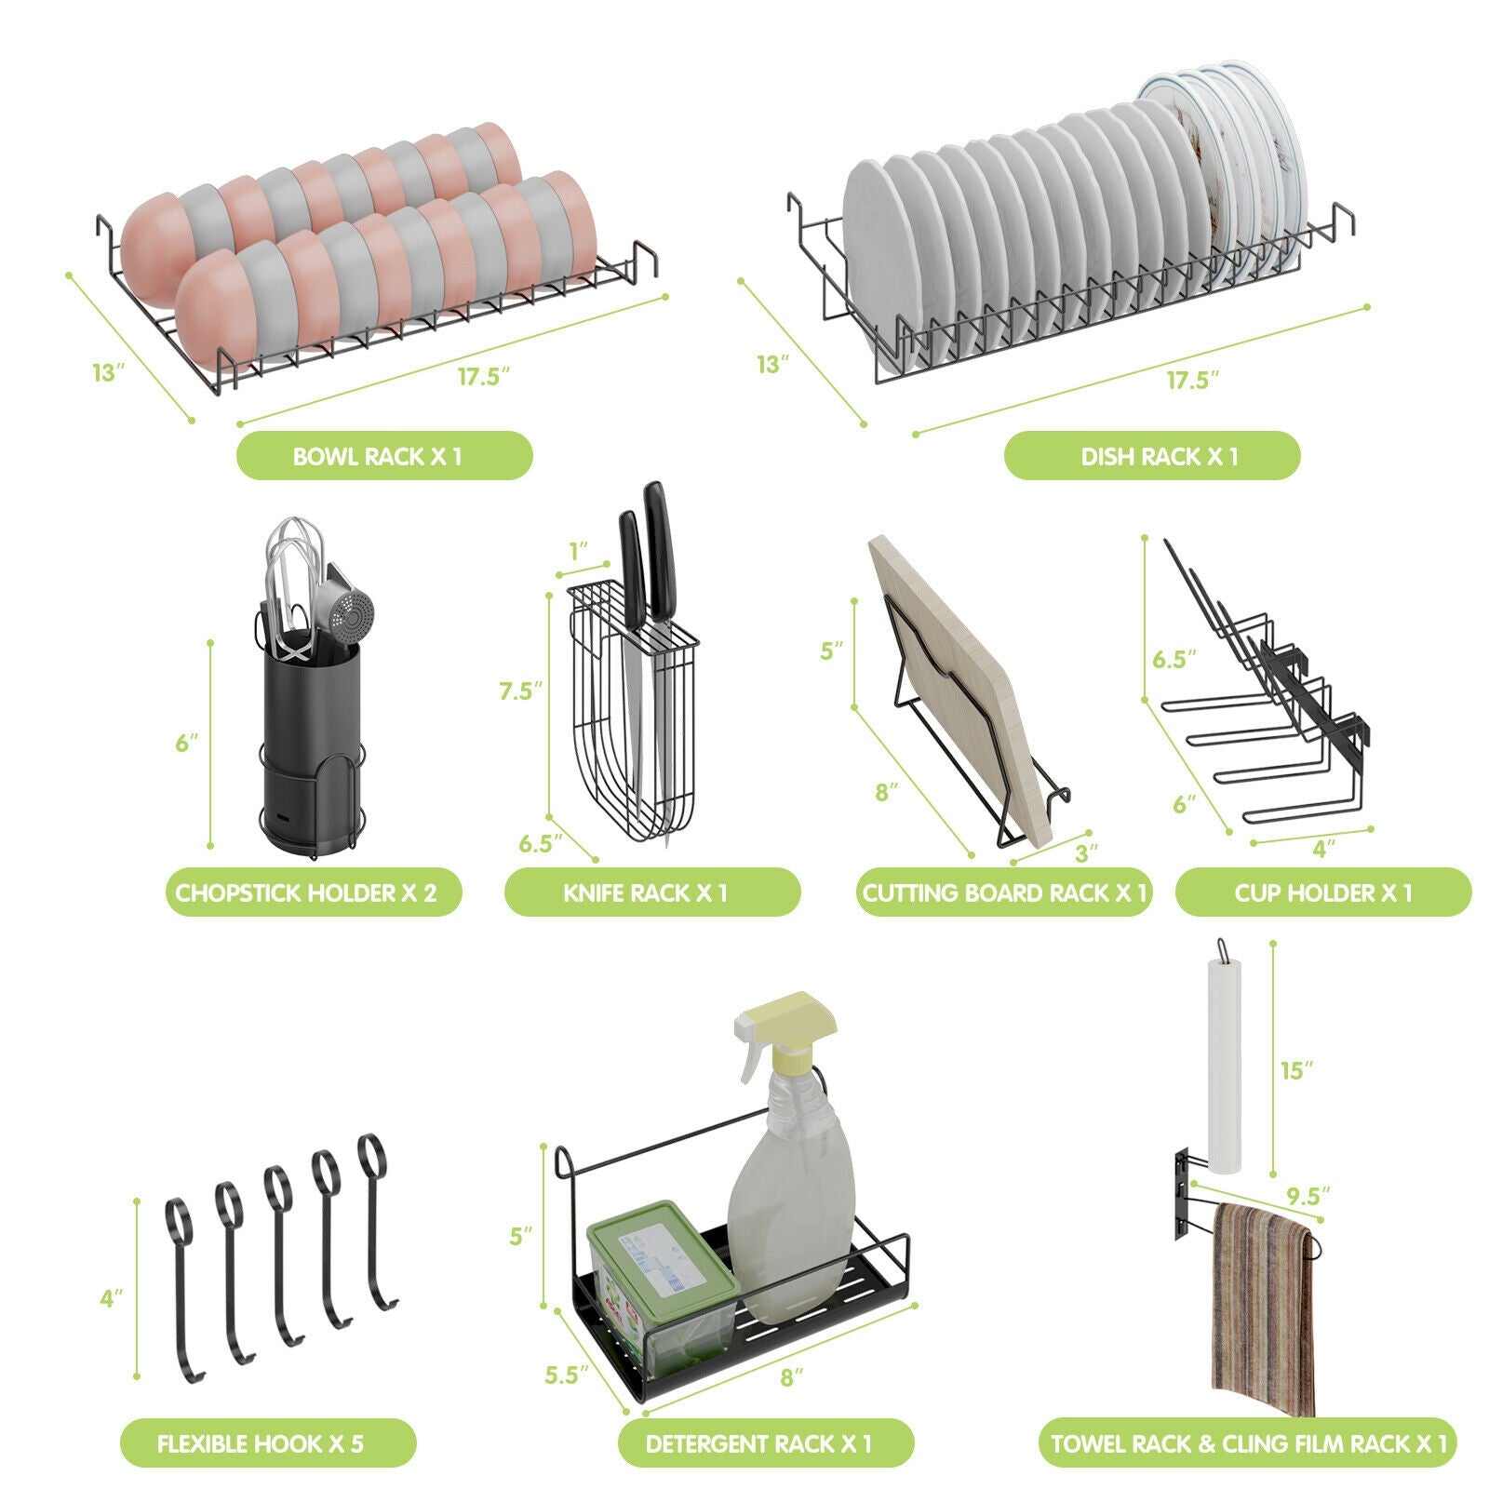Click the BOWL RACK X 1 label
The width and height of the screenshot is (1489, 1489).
[383, 456]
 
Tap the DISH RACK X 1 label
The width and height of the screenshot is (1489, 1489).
[1151, 456]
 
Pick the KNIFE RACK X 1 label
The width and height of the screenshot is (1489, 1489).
[651, 892]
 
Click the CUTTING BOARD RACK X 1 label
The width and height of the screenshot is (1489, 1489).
[1003, 892]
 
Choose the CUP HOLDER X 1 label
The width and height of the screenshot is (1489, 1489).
[1322, 892]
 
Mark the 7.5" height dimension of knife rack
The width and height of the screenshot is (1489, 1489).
[520, 691]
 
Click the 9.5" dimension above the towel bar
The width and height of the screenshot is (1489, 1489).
[1308, 1194]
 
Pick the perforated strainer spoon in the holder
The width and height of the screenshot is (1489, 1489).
[352, 613]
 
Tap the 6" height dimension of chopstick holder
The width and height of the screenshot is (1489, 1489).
[187, 743]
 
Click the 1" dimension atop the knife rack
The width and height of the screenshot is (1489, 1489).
[580, 551]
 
